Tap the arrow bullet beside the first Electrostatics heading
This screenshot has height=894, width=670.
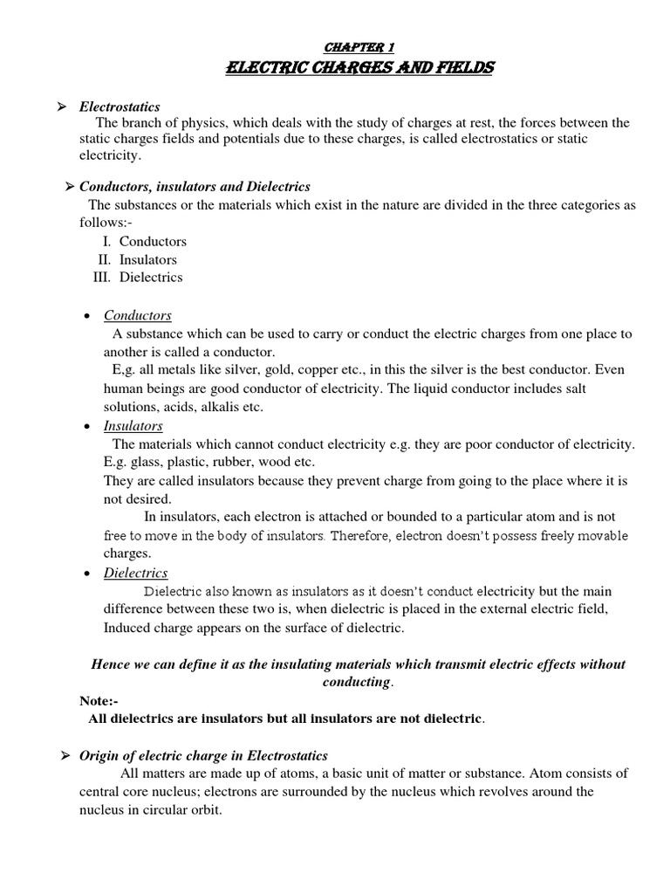(x=62, y=107)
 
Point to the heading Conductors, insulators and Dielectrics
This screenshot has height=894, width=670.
(x=195, y=187)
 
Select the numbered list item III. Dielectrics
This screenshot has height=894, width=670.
(x=138, y=278)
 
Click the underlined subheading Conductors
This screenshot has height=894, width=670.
(x=138, y=315)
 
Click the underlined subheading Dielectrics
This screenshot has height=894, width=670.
(x=135, y=573)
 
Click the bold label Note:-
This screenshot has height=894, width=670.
(x=99, y=700)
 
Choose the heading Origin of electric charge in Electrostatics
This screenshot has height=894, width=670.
(x=203, y=755)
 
